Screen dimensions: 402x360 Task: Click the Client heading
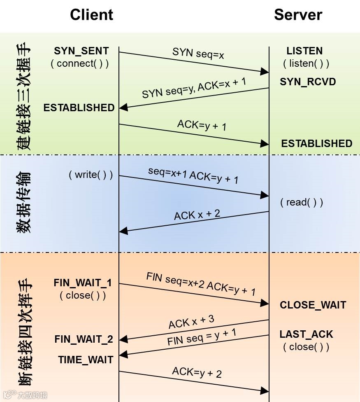pos(91,15)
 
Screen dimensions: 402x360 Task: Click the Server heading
pos(298,15)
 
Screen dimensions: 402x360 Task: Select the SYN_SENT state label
pos(81,51)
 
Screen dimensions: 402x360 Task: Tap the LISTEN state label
pos(304,51)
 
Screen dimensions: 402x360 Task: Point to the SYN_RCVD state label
pos(308,82)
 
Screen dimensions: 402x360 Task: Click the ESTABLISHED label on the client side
pos(79,108)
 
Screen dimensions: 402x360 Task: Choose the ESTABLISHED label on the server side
pos(317,143)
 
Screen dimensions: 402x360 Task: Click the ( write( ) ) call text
pos(91,175)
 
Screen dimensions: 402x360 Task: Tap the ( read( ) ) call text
pos(302,202)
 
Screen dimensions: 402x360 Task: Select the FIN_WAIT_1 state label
pos(83,283)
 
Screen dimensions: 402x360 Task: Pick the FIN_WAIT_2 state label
pos(84,339)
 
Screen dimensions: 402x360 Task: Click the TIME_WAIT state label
pos(86,360)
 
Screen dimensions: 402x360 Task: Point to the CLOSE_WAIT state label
pos(313,305)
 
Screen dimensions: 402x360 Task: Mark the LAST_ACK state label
pos(306,334)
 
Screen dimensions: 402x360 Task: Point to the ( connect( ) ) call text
pos(80,63)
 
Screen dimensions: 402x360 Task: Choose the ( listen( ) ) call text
pos(306,63)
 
